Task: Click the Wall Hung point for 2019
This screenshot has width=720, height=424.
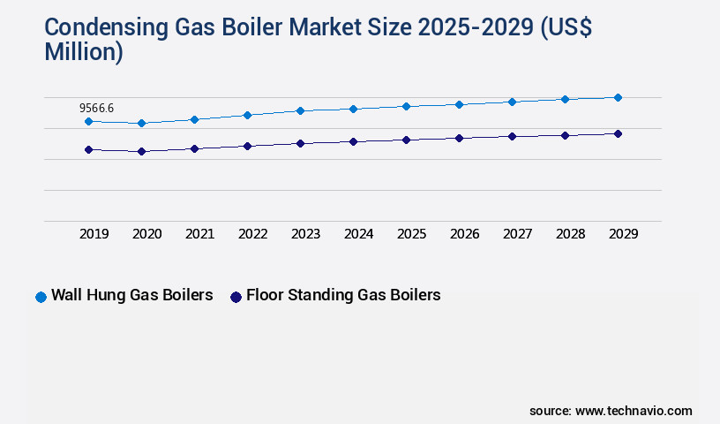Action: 88,121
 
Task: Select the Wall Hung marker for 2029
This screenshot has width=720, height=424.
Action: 618,97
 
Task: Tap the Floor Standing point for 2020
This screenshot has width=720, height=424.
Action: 141,151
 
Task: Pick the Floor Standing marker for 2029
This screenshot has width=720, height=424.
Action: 618,133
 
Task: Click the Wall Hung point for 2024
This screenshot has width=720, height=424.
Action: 353,109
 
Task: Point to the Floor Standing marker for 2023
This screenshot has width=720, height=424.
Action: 300,143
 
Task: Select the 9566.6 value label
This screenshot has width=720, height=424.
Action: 97,108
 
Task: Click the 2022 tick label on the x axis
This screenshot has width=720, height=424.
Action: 253,234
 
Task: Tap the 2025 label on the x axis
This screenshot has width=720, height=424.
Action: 412,234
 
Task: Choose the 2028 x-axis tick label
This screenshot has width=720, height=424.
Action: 571,234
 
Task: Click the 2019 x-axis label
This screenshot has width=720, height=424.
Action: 94,234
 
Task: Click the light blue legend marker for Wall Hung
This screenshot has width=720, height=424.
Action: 41,297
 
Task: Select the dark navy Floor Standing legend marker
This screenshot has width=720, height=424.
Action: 236,297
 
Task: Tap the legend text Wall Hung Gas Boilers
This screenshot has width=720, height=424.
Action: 131,295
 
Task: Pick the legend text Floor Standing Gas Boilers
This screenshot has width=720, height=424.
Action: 343,295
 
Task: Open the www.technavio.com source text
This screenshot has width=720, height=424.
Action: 634,411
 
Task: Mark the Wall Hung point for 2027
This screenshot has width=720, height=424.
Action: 512,102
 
